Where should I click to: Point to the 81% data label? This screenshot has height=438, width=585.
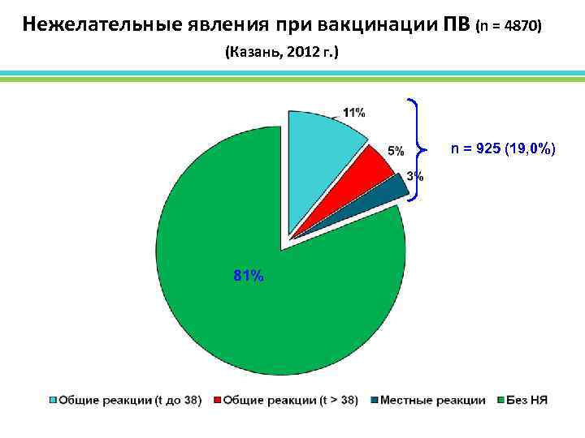[x=248, y=276]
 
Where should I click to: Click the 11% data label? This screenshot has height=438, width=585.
[x=353, y=113]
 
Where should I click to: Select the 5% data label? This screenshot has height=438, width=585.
[x=396, y=151]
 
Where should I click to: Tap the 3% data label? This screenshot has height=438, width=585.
[x=414, y=176]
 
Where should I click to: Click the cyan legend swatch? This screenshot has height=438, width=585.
[x=54, y=400]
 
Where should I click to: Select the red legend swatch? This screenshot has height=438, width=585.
[x=217, y=400]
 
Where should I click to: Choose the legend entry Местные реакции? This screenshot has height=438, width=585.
[x=431, y=400]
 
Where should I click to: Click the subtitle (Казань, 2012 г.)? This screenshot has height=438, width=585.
[x=281, y=53]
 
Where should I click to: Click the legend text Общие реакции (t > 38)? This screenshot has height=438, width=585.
[x=290, y=400]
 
